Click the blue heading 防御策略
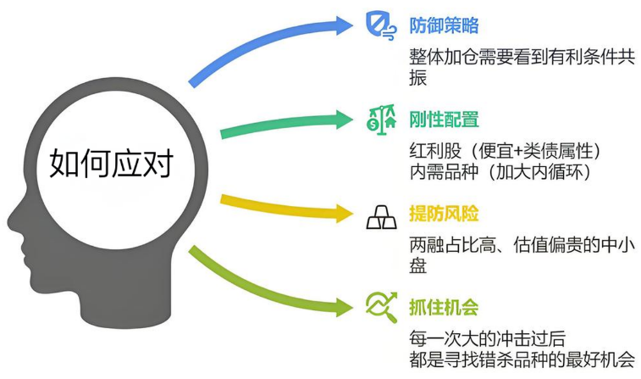(444, 25)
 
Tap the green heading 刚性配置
(444, 120)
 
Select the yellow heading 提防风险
(444, 214)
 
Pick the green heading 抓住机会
(444, 308)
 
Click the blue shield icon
(380, 25)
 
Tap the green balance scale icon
(381, 120)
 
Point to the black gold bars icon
(381, 217)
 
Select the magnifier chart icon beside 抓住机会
(382, 307)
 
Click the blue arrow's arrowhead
(345, 25)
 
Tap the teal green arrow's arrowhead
(345, 120)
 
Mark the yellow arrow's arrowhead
(345, 213)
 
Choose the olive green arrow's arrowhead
(345, 307)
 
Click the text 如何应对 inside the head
(112, 163)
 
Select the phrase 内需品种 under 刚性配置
(444, 172)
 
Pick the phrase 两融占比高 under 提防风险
(452, 245)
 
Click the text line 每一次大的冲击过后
(487, 339)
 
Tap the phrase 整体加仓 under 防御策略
(444, 57)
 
